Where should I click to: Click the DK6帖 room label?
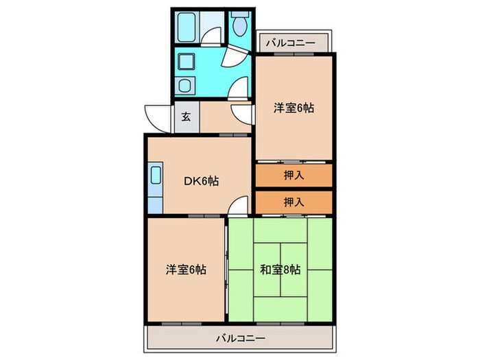[x=201, y=181]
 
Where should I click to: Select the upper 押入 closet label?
[x=293, y=175]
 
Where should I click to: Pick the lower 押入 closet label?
[x=293, y=203]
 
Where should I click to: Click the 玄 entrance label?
[x=186, y=116]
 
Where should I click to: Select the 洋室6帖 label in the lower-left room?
[x=185, y=269]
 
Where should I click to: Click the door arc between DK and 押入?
[x=238, y=204]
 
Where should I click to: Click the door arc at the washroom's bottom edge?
[x=239, y=87]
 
